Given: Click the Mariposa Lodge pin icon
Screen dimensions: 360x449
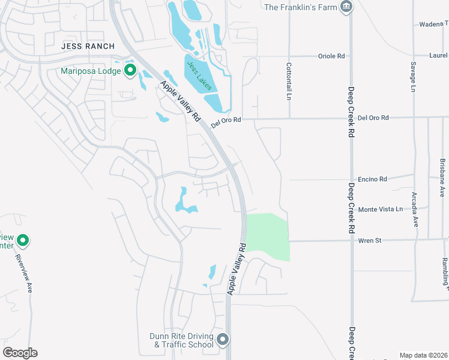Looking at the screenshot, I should (x=130, y=71).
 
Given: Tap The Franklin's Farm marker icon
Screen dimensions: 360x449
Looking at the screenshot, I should (x=346, y=7).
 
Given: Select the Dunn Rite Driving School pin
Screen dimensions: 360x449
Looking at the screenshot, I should (x=223, y=340).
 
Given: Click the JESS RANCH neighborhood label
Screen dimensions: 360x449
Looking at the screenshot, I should (x=88, y=46).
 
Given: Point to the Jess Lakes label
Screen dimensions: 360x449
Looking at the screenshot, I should (x=199, y=76).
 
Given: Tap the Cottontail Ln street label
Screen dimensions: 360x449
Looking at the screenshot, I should (x=289, y=81).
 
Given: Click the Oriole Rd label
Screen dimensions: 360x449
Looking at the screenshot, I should (x=332, y=56).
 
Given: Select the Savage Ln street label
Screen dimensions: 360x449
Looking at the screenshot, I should (x=414, y=76).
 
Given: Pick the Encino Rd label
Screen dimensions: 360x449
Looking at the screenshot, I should (x=372, y=179).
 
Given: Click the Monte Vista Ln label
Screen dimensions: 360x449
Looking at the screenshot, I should (x=380, y=209).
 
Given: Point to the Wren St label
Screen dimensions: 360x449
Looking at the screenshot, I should (x=370, y=241).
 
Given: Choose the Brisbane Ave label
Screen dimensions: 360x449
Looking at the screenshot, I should (x=442, y=178).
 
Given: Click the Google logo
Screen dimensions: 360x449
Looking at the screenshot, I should (x=20, y=352).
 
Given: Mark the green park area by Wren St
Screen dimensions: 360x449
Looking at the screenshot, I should (x=268, y=236).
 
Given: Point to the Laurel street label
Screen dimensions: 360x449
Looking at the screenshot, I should (x=438, y=56).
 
